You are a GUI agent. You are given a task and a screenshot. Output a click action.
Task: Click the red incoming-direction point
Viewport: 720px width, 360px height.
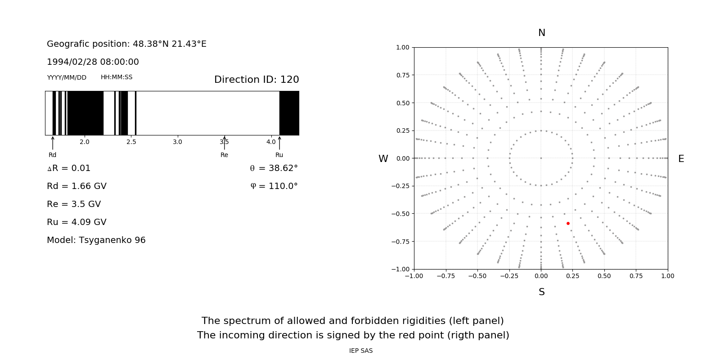[x=568, y=223]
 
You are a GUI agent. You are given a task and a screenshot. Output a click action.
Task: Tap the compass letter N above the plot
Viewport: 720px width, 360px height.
[x=542, y=33]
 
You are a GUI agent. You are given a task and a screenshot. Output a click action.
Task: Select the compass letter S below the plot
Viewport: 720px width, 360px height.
[x=542, y=292]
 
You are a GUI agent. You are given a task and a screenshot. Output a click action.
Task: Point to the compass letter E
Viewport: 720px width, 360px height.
[x=681, y=159]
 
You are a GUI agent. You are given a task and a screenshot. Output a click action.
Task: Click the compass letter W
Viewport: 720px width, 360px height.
[x=383, y=159]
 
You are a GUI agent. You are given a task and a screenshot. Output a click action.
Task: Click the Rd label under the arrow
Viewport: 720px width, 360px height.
[x=53, y=155]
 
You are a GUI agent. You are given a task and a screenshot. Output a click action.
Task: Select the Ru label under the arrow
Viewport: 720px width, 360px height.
[x=279, y=155]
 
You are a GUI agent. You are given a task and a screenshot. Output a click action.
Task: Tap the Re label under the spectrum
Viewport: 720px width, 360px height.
[x=224, y=155]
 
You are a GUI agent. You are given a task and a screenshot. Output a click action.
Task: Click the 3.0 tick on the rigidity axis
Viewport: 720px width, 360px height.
[x=177, y=142]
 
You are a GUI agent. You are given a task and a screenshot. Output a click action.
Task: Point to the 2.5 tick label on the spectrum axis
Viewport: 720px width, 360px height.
[x=131, y=142]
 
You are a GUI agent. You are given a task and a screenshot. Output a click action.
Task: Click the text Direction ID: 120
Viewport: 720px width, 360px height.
[x=256, y=80]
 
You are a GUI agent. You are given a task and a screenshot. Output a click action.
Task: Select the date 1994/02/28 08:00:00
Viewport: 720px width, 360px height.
[x=93, y=62]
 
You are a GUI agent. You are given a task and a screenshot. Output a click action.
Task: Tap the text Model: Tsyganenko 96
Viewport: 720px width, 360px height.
[x=96, y=240]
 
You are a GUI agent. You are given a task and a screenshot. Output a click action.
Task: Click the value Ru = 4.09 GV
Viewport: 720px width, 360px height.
[x=76, y=222]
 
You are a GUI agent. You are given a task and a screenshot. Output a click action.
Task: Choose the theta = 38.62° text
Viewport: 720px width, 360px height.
[x=274, y=168]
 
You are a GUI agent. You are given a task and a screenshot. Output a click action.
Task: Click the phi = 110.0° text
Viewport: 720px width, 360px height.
[x=274, y=186]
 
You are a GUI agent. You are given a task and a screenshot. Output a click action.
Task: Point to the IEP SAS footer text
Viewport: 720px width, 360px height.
[x=361, y=351]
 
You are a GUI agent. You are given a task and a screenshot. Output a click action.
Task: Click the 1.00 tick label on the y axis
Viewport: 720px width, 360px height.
[x=402, y=47]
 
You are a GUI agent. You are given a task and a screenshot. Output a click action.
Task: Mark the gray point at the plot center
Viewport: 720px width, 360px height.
[x=541, y=158]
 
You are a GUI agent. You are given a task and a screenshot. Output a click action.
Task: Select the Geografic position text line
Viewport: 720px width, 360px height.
[x=126, y=44]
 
